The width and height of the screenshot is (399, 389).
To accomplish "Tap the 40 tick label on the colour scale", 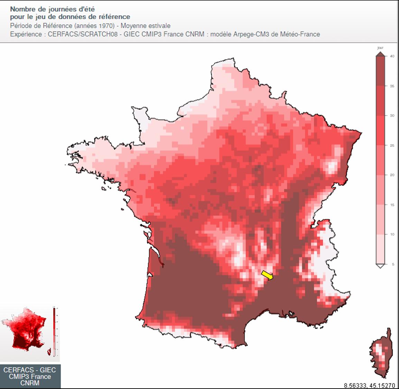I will [x=392, y=56].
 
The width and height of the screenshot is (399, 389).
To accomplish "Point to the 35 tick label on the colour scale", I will [x=392, y=86].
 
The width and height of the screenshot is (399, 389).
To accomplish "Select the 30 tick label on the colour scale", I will [x=392, y=116].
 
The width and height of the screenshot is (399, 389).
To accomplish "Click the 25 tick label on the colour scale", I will [x=392, y=145].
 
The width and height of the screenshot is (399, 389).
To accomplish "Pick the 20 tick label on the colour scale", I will [x=392, y=175].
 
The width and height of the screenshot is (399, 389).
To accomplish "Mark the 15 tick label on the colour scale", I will [x=392, y=205].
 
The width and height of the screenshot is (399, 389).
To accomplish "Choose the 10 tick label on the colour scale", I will [x=392, y=235].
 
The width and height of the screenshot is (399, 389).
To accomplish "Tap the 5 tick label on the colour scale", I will [x=393, y=264].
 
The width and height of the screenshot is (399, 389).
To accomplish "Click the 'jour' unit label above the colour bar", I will [x=380, y=48].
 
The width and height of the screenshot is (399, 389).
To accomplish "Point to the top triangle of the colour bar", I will [x=380, y=54].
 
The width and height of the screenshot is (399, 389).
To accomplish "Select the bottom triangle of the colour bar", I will [x=380, y=266].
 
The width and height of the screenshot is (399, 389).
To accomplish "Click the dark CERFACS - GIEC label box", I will [x=30, y=376].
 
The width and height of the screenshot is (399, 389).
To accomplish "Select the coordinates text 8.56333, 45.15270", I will [x=369, y=385].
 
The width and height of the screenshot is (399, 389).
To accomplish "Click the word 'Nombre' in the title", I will [x=21, y=9].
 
